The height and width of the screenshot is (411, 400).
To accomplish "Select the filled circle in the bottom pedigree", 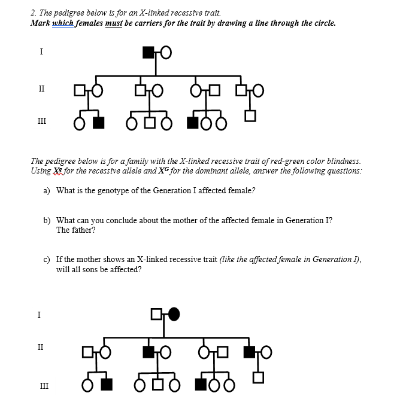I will (174, 313).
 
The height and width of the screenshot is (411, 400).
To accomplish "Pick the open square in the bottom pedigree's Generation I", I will (157, 313).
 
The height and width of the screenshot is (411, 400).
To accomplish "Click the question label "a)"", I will (47, 190).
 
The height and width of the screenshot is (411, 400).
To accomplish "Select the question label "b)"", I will (47, 220).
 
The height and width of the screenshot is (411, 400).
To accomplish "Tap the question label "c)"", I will (47, 260).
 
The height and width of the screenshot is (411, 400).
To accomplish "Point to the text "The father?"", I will (76, 230).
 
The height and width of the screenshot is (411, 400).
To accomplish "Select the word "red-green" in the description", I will (281, 161).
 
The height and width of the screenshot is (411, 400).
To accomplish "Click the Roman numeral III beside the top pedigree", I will (41, 120).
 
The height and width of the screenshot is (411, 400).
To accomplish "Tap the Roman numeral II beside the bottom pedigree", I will (41, 346).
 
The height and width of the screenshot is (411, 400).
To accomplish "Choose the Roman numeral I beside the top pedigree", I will (41, 51).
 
